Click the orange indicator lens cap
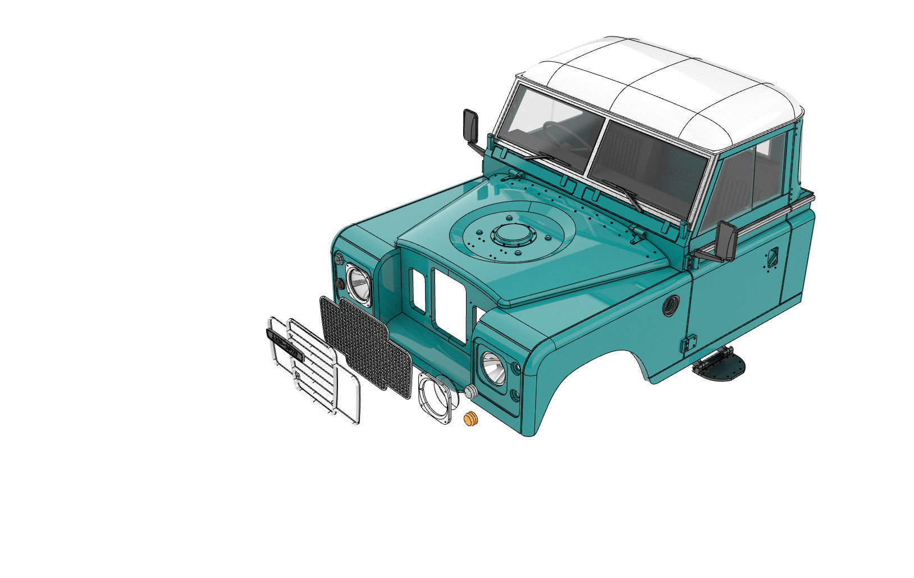tap(470, 419)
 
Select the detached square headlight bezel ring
tap(436, 399)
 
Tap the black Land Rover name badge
tap(285, 344)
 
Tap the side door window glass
tap(741, 180)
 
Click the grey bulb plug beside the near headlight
tap(470, 392)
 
